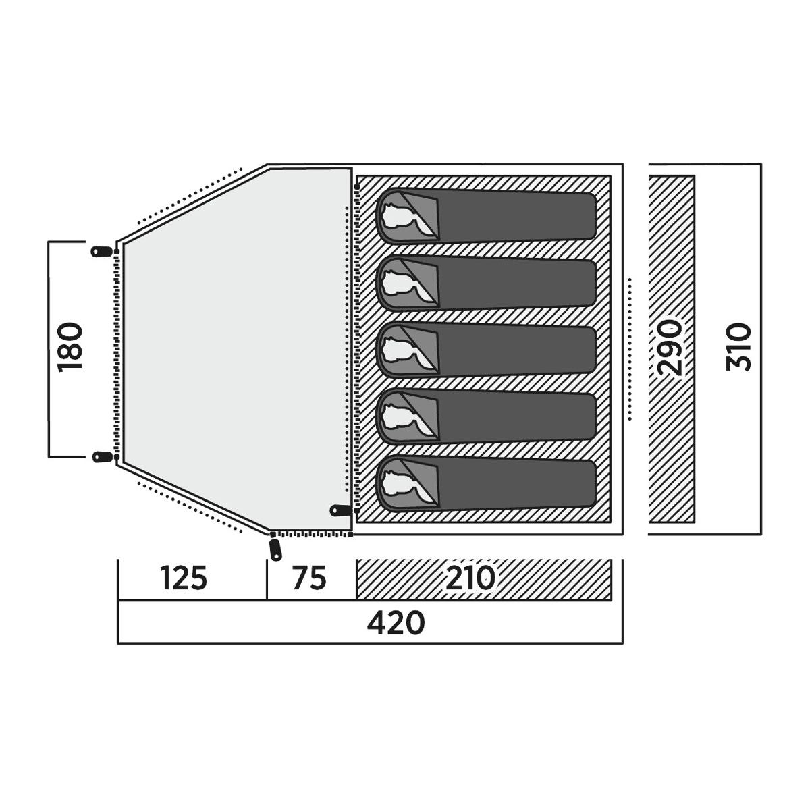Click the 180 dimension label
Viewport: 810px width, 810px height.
pos(70,347)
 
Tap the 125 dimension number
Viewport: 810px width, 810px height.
pos(184,578)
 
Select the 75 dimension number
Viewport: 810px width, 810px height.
pos(309,578)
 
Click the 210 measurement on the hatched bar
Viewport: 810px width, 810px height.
pos(470,578)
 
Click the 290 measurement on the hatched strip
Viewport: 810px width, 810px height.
pos(670,348)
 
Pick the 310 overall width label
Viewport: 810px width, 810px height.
pos(738,347)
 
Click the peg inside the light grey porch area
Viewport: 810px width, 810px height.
pos(341,510)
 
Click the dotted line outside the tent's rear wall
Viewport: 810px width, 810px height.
pos(630,349)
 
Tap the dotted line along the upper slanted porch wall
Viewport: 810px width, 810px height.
pos(190,195)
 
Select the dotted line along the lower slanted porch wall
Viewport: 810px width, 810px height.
pos(190,508)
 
